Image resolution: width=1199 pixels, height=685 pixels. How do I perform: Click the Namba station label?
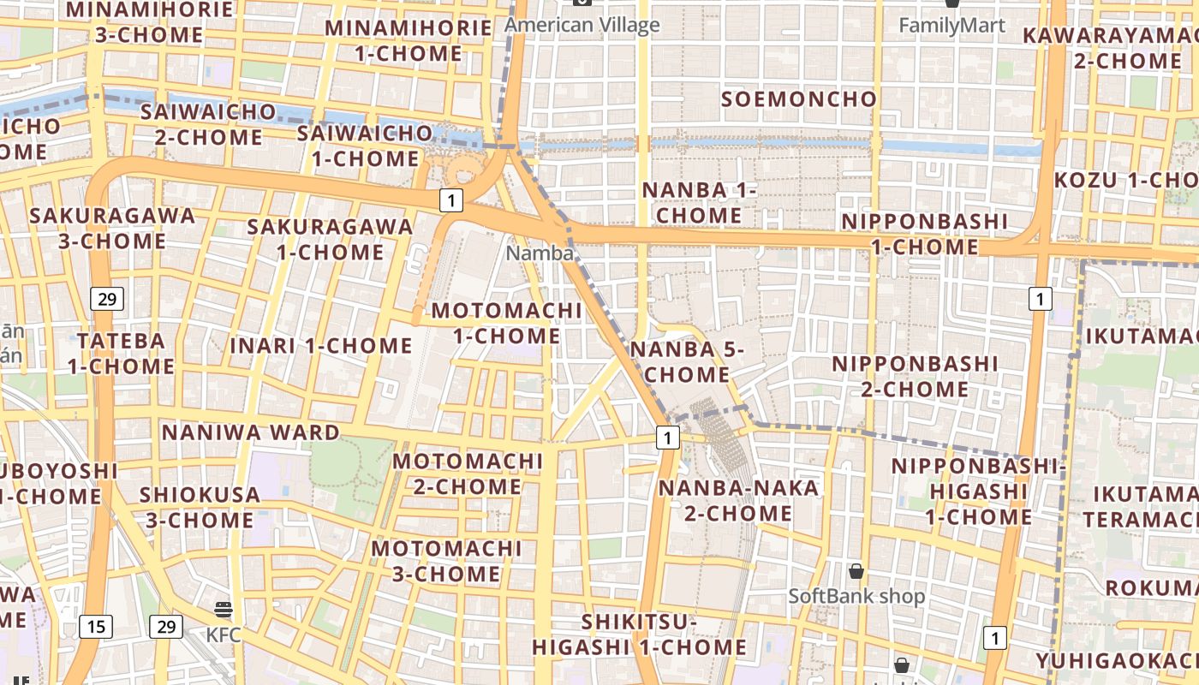(540, 253)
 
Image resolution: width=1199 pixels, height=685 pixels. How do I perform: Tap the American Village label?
(582, 25)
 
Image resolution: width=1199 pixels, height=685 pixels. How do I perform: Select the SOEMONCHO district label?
(799, 99)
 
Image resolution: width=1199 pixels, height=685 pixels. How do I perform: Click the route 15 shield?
(96, 627)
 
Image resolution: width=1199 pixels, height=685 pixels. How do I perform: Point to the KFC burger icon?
(224, 610)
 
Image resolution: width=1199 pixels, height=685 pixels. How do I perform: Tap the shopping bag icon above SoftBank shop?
(856, 571)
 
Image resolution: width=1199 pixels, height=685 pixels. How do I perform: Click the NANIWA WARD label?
(251, 432)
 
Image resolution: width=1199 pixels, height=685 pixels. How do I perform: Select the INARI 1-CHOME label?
(321, 346)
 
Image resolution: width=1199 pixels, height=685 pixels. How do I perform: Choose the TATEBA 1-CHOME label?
(121, 354)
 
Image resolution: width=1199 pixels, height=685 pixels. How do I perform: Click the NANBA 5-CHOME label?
(688, 361)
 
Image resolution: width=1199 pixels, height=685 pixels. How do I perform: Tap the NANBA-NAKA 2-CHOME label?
(738, 501)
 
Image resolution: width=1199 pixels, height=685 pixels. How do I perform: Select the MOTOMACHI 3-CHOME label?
(446, 561)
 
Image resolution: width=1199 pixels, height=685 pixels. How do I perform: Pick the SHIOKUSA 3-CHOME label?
(200, 507)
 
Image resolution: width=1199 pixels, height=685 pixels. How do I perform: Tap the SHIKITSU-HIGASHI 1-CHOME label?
(640, 634)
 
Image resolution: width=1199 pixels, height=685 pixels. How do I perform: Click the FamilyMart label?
(951, 26)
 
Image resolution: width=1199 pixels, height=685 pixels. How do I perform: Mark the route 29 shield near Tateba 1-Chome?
(107, 299)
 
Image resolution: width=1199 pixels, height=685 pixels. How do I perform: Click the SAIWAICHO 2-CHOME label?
(208, 124)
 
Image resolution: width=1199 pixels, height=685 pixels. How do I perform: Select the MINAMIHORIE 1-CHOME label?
(408, 40)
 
